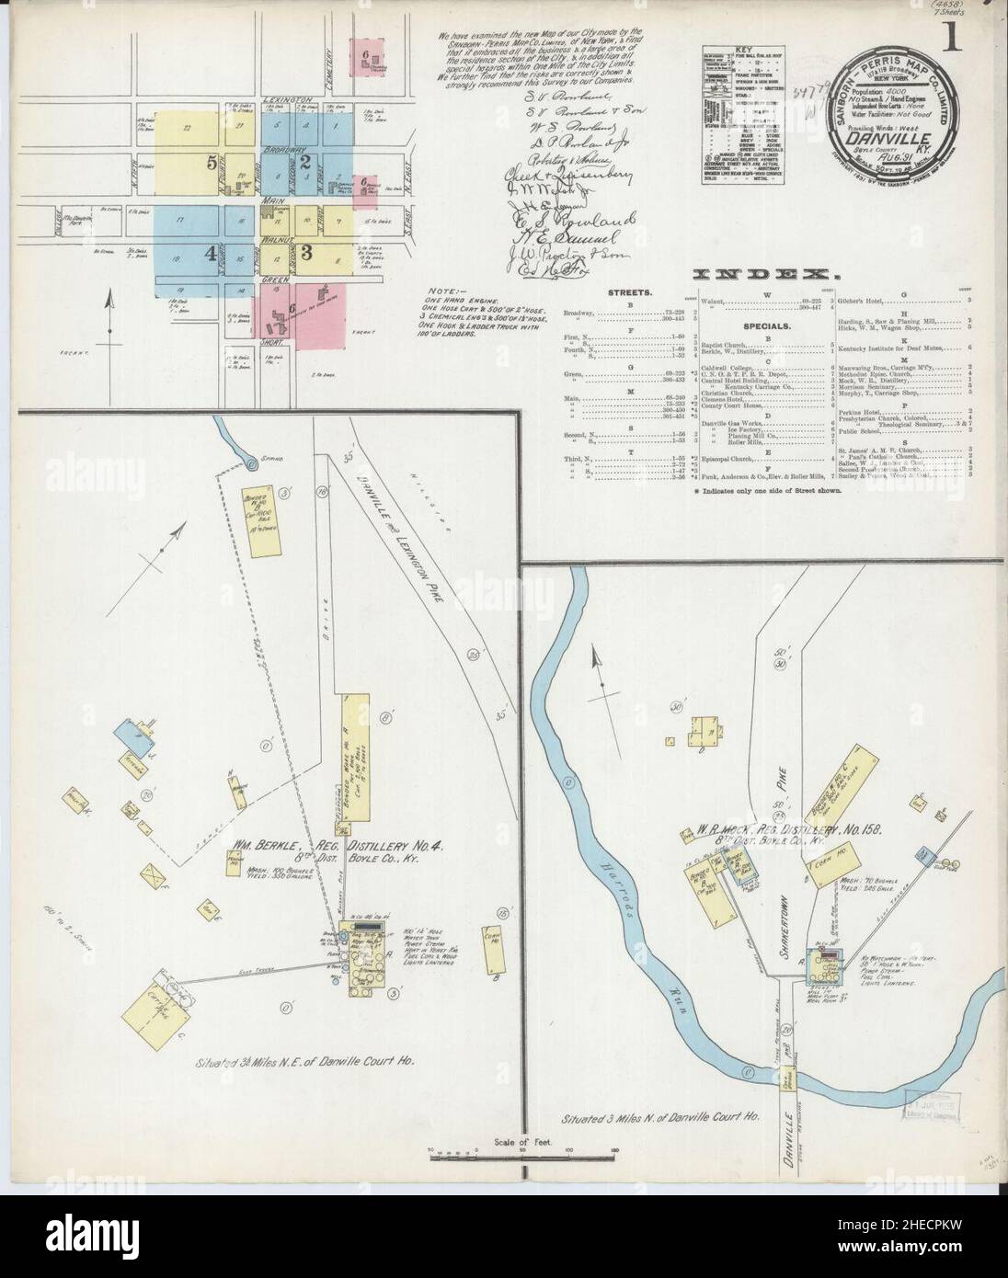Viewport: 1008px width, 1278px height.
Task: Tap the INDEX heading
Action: [762, 274]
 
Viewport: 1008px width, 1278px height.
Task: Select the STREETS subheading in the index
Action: [629, 292]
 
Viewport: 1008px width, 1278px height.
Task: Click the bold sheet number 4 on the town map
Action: [211, 255]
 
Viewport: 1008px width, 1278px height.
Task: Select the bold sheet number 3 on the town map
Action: [307, 251]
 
